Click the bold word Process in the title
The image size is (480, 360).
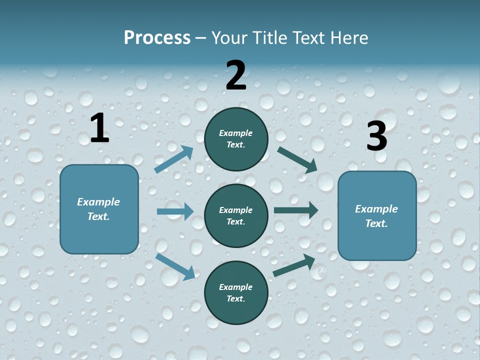[x=157, y=38]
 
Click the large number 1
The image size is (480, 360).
[x=99, y=128]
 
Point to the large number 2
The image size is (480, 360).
[x=236, y=75]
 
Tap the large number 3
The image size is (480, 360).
[x=376, y=136]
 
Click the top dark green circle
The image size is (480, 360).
[x=236, y=139]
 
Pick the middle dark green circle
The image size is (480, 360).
[x=236, y=215]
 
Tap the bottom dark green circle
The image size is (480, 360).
[x=236, y=293]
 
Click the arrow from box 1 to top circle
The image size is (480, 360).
[x=174, y=159]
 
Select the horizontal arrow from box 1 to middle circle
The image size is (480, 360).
[x=175, y=211]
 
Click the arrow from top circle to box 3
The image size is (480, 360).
[x=297, y=159]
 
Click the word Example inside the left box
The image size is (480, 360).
[x=98, y=202]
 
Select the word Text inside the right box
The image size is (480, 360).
[x=375, y=223]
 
